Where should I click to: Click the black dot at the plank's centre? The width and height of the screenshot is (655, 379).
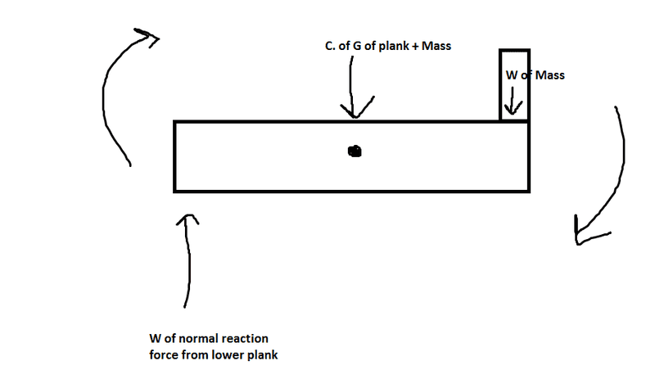354,151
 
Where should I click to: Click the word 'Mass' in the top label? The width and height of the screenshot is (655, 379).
436,47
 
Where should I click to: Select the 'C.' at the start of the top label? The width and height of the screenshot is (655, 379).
330,47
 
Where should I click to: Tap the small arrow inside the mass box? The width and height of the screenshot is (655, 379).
513,105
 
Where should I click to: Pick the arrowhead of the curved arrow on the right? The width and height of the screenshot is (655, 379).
584,232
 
